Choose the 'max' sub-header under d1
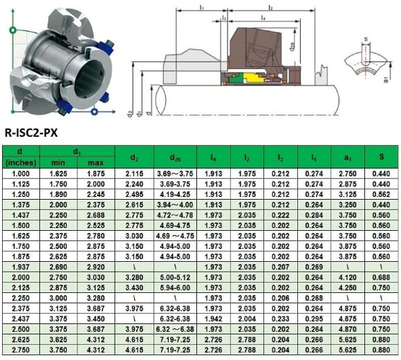[x=95, y=162]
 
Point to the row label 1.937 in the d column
[x=20, y=265]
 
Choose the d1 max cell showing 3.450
[x=95, y=319]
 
